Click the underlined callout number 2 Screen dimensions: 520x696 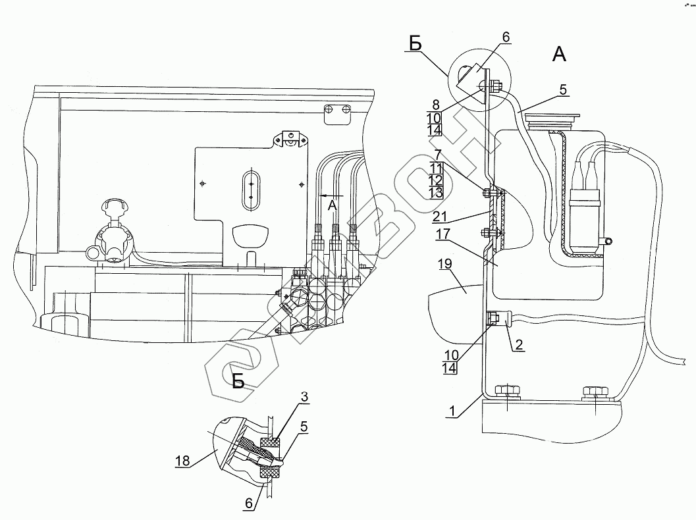coord(520,344)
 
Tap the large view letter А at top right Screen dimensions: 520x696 coord(558,55)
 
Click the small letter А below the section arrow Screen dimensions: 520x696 coord(333,206)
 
